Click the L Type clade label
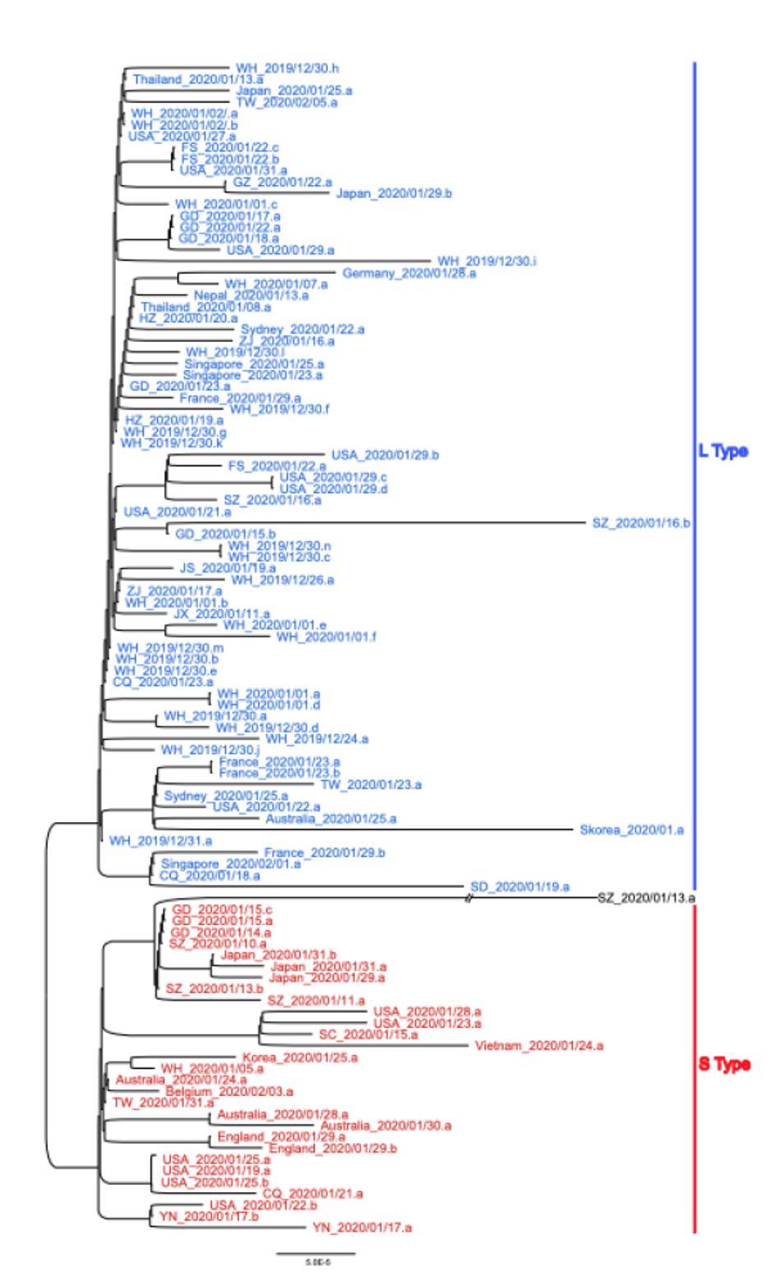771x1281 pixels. [x=723, y=451]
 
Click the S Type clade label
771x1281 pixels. [x=724, y=1064]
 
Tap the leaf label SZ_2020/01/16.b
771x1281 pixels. [x=641, y=523]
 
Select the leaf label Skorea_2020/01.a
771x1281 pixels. [x=631, y=830]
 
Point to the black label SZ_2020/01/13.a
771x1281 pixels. [x=646, y=897]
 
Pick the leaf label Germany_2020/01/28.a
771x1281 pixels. [x=409, y=273]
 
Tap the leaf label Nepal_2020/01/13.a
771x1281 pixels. [x=252, y=295]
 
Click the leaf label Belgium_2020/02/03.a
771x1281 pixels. [x=229, y=1091]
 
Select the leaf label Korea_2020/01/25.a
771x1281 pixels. [x=300, y=1057]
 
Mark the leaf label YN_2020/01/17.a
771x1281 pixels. [x=362, y=1228]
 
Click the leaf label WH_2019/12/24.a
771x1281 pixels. [x=316, y=739]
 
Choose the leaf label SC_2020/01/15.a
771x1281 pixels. [x=368, y=1034]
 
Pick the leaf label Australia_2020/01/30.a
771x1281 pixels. [x=385, y=1126]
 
